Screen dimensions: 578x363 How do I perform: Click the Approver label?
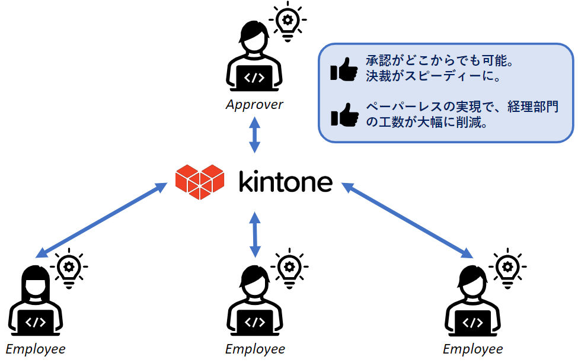pyautogui.click(x=254, y=105)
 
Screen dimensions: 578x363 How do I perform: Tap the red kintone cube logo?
pyautogui.click(x=200, y=182)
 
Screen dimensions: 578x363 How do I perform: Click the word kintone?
pyautogui.click(x=286, y=181)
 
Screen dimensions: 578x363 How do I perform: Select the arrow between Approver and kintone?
pyautogui.click(x=254, y=135)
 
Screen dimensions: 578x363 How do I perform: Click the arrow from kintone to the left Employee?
pyautogui.click(x=101, y=220)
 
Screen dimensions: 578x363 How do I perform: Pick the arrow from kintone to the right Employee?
pyautogui.click(x=407, y=220)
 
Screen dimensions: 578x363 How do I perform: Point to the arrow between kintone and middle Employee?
pyautogui.click(x=255, y=234)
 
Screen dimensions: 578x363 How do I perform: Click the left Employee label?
pyautogui.click(x=36, y=349)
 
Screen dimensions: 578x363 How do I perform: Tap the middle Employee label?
pyautogui.click(x=255, y=349)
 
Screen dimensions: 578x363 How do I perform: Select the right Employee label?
pyautogui.click(x=473, y=349)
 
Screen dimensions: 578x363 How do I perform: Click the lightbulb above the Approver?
pyautogui.click(x=288, y=21)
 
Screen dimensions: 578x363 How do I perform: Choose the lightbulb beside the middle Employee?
pyautogui.click(x=289, y=269)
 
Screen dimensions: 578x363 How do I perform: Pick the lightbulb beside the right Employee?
pyautogui.click(x=507, y=269)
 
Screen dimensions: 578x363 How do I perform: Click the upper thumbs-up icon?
pyautogui.click(x=344, y=69)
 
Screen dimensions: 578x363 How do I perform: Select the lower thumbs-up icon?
pyautogui.click(x=344, y=115)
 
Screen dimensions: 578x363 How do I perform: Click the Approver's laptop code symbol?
pyautogui.click(x=254, y=78)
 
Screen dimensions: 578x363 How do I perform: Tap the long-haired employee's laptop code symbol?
pyautogui.click(x=36, y=322)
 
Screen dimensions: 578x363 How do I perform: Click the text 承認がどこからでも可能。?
pyautogui.click(x=440, y=60)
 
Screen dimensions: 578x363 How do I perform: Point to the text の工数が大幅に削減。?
pyautogui.click(x=427, y=122)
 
